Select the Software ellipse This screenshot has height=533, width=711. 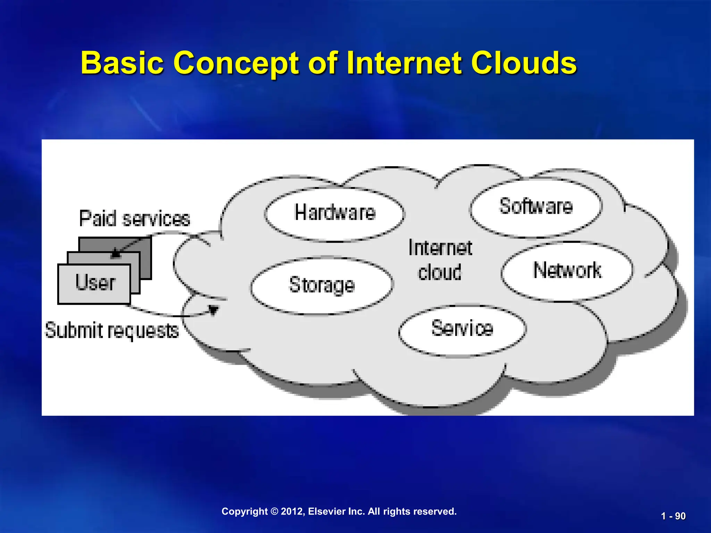coord(536,207)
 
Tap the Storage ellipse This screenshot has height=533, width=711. coord(322,286)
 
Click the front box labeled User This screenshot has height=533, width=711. coord(94,284)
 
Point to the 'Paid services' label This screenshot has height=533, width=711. coord(135,219)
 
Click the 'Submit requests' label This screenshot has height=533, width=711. coord(112,330)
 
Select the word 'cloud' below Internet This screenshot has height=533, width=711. coord(440,272)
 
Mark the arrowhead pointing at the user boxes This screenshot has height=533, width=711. coord(116,254)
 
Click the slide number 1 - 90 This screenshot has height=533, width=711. coord(673,516)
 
